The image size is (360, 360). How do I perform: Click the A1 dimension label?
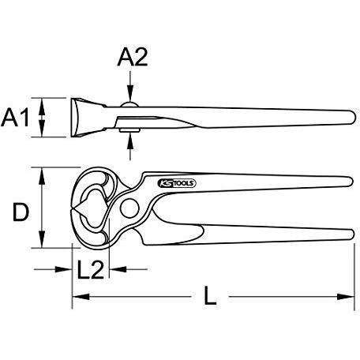point(15,118)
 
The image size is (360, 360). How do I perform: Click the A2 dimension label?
point(133,57)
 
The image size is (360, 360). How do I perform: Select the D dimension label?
point(21,212)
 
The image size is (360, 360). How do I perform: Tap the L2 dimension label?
point(90,269)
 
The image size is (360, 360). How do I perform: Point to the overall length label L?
point(210,296)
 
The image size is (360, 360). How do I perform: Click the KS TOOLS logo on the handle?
point(177,183)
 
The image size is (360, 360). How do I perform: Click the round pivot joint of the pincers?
point(129,208)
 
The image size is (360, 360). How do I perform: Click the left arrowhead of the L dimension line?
point(81,297)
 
